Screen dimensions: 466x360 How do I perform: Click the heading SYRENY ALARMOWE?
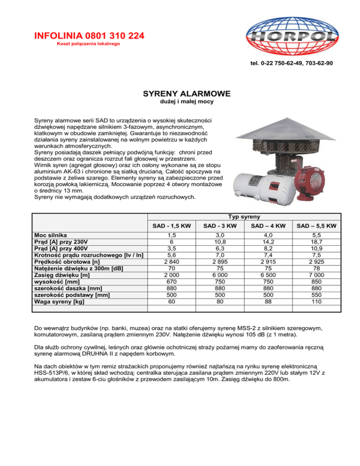point(180,94)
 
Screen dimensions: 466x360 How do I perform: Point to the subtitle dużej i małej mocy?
point(180,102)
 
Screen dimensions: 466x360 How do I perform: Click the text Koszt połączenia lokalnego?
point(89,44)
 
